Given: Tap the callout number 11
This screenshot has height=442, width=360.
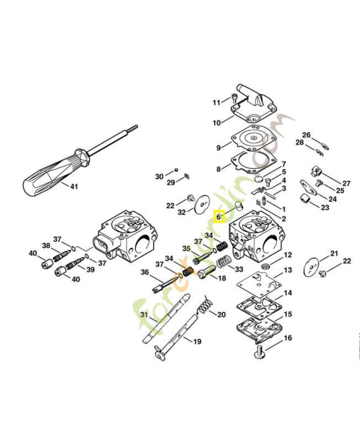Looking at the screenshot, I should [216, 102].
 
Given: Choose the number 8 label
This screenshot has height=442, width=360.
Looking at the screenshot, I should [219, 169].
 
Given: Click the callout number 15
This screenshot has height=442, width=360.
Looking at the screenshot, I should [288, 314].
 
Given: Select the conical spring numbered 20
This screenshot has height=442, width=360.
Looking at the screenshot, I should [205, 304].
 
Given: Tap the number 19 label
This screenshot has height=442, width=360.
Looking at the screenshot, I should [197, 341].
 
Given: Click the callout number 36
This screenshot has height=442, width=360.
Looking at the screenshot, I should [145, 272].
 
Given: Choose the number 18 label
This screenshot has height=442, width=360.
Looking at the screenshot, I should [221, 278].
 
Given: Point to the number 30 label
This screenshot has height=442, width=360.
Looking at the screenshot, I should [159, 176].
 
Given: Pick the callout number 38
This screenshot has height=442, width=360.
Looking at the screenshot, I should [46, 245].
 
